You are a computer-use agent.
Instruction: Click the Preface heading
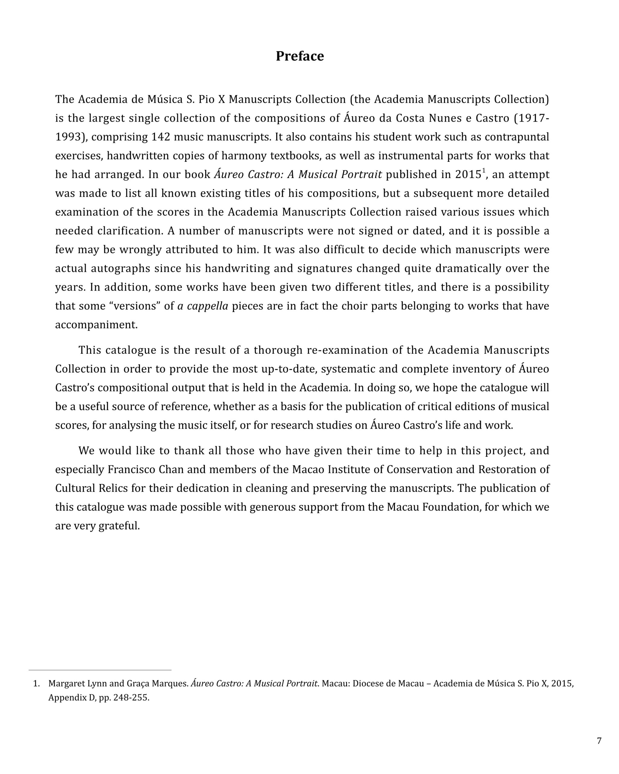tap(300, 56)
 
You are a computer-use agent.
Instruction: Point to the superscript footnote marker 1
tap(484, 171)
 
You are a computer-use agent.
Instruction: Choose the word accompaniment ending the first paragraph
tap(96, 325)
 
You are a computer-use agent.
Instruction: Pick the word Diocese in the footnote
tap(368, 684)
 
